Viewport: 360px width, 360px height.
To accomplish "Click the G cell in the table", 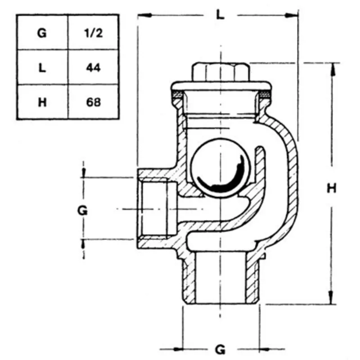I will [42, 32].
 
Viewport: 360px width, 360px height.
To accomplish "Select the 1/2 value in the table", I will [93, 32].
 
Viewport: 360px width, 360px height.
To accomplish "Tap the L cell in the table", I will [42, 67].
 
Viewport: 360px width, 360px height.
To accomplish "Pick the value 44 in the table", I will [93, 67].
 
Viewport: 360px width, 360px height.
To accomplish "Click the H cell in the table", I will [42, 102].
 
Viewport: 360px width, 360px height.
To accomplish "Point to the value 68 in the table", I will [93, 102].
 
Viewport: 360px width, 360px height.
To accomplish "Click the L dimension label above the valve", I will [219, 14].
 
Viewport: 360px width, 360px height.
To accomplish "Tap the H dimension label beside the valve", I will [332, 189].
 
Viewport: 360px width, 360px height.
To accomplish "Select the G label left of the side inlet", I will [82, 209].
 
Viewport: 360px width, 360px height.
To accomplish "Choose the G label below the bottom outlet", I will [220, 349].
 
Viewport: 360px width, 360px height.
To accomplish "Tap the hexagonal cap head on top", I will [220, 72].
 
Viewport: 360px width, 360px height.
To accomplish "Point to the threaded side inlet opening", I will [155, 209].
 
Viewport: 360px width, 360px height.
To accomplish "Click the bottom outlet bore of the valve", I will [220, 279].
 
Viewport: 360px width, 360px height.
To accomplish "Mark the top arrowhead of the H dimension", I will [333, 68].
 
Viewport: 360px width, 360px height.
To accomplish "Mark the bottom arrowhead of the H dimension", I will [333, 299].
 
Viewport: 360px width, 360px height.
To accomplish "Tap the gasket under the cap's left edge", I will [177, 94].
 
